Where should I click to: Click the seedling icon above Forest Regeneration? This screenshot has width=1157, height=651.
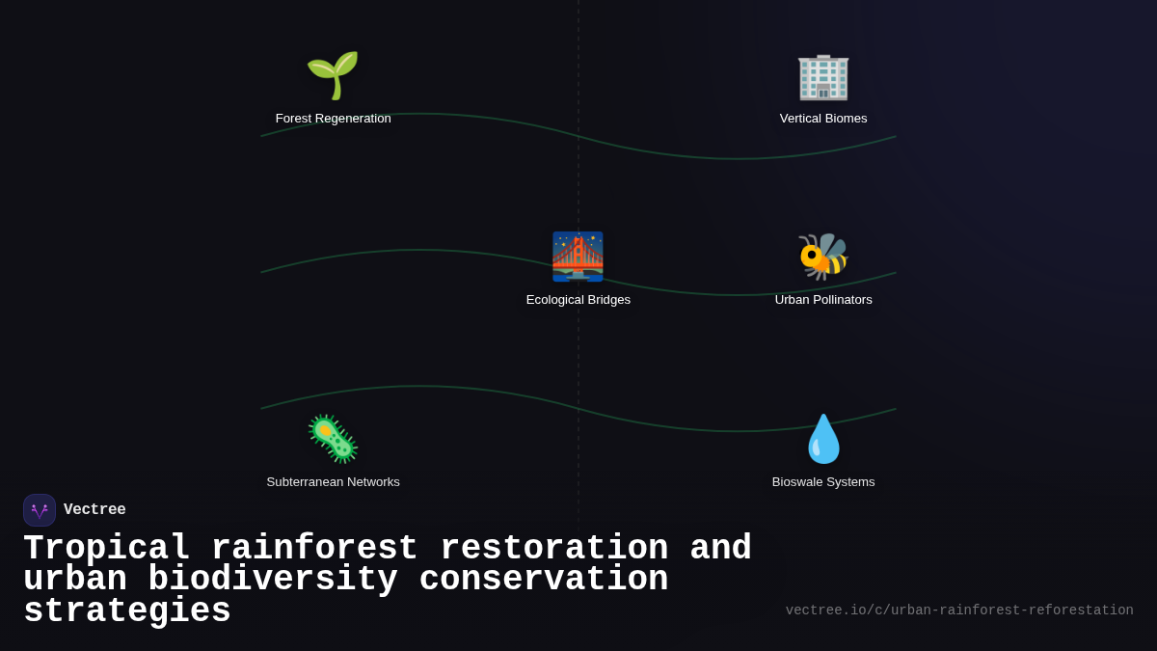333,75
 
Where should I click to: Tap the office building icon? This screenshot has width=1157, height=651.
823,76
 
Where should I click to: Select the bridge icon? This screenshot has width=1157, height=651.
578,257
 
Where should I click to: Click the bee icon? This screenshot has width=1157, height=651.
823,257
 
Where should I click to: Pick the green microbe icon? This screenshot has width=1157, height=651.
333,439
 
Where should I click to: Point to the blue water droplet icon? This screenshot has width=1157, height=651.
823,439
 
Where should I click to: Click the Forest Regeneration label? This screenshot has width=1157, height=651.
333,119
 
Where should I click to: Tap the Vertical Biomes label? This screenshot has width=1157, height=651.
823,119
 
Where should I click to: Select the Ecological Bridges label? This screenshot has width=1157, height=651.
578,300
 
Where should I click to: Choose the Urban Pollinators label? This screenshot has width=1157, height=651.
823,300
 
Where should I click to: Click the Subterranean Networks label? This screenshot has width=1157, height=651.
333,482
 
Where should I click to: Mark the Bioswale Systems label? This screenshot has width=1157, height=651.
823,482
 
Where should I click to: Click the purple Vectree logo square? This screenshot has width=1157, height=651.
40,510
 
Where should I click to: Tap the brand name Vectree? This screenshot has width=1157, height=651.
94,510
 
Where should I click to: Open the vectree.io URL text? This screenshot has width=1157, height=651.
959,610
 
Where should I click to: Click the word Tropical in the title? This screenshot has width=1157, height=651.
106,549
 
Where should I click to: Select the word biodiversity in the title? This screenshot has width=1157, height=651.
273,580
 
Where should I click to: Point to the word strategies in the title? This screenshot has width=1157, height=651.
127,611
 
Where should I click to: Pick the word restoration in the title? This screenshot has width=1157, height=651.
554,549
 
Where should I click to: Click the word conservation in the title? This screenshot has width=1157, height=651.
544,580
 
